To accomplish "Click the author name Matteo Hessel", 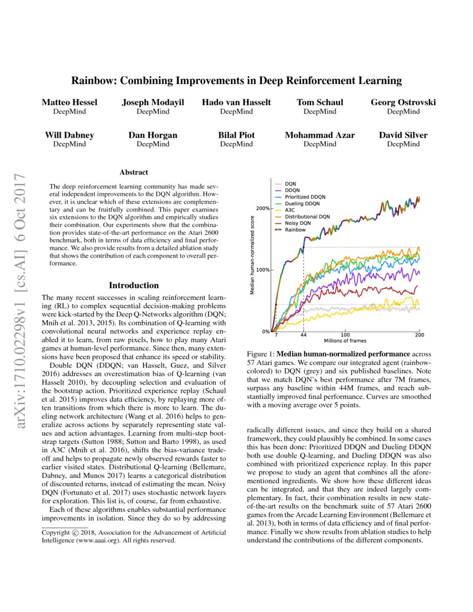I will [70, 102].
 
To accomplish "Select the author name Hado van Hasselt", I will [237, 102].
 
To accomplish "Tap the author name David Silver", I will [403, 135].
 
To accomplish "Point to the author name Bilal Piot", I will [237, 135].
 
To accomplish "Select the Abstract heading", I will [134, 172].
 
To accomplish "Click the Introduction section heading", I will [134, 285].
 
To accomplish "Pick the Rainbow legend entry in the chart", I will [295, 229].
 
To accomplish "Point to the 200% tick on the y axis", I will [262, 209].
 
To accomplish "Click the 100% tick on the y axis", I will [262, 270].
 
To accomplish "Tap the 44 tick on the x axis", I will [303, 335].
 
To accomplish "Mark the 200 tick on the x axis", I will [419, 335].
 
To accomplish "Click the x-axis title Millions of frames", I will [345, 341].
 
